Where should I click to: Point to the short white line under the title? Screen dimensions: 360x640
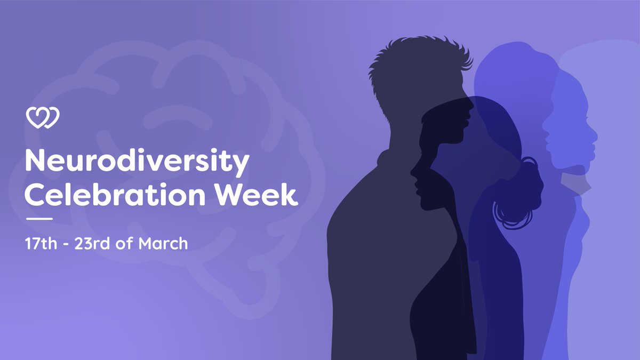(39, 219)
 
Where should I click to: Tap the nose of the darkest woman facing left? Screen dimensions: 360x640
(412, 172)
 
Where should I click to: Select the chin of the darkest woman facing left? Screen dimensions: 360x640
(421, 205)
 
